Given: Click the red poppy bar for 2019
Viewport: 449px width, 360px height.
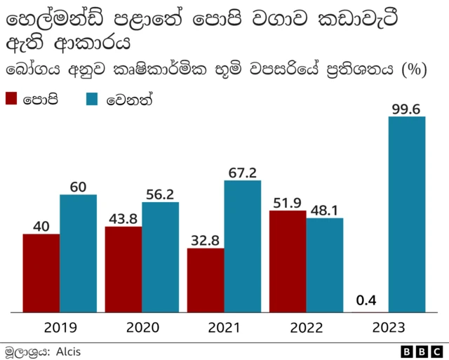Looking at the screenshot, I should pyautogui.click(x=41, y=273).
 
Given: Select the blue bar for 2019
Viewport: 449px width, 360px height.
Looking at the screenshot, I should pyautogui.click(x=78, y=253).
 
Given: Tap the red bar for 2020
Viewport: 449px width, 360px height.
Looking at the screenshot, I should pyautogui.click(x=123, y=269).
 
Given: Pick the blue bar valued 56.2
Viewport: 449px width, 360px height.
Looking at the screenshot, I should pyautogui.click(x=160, y=257).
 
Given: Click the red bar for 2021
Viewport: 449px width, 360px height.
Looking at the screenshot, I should pyautogui.click(x=206, y=280).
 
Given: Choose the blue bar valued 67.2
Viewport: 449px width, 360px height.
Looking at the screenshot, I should pyautogui.click(x=243, y=246).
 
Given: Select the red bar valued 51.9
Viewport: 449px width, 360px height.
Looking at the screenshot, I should pyautogui.click(x=288, y=261).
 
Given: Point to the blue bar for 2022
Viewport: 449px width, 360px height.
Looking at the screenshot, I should pyautogui.click(x=325, y=265).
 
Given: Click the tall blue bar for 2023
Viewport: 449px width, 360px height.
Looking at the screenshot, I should pyautogui.click(x=407, y=214).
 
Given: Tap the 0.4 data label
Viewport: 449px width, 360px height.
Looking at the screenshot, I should pyautogui.click(x=366, y=300).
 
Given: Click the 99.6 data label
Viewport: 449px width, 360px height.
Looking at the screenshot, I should pyautogui.click(x=407, y=108).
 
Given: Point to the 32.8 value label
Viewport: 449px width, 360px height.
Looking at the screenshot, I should pyautogui.click(x=206, y=239).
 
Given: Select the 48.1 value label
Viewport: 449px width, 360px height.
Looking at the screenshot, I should pyautogui.click(x=325, y=209).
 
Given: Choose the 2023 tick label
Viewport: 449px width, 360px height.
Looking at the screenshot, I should pyautogui.click(x=389, y=327).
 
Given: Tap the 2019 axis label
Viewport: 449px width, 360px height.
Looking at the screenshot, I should pyautogui.click(x=60, y=327).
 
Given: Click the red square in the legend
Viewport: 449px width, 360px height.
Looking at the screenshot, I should pyautogui.click(x=12, y=99).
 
